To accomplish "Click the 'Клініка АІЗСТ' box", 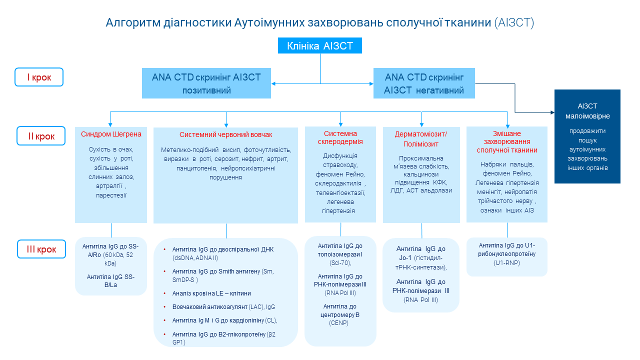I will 320,46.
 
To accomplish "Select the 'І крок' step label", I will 39,77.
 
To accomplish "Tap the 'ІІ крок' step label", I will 41,136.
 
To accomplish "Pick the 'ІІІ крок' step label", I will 41,249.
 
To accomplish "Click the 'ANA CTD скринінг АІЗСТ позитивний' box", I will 206,83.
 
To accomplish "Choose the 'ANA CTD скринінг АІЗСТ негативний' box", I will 424,83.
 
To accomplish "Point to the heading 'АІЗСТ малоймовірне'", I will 587,111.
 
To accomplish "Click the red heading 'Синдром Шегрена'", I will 111,134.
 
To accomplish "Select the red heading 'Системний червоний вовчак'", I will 226,135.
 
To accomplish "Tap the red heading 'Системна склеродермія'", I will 340,137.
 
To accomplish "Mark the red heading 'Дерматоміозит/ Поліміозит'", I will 421,139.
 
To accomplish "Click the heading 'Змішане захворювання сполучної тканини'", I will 507,141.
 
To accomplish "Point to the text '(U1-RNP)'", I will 507,262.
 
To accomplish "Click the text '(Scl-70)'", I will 340,262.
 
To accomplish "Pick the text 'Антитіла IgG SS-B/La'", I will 111,280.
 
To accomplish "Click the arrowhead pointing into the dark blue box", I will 551,112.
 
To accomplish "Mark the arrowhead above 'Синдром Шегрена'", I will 110,124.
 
